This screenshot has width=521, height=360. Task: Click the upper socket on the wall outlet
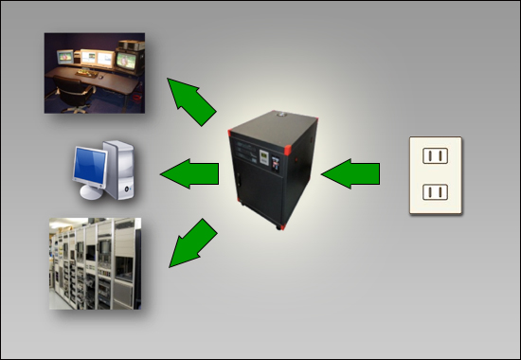coord(434,155)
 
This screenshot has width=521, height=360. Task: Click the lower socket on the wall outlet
coord(434,193)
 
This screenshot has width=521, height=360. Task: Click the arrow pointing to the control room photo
coord(192,101)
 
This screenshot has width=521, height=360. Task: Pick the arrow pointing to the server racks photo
coord(192,243)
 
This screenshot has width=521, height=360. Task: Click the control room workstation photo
coord(95,73)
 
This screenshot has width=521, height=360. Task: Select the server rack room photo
coord(95,263)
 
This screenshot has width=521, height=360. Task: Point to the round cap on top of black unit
coord(280,112)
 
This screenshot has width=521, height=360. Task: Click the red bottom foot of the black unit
coord(280,226)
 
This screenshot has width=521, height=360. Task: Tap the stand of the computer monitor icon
coord(92,192)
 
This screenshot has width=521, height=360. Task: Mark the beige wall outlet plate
coord(435,175)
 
